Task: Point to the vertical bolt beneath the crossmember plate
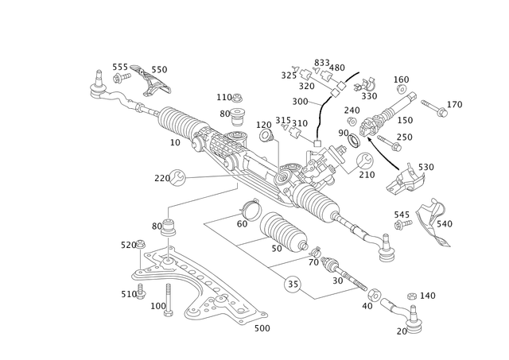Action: tap(169, 300)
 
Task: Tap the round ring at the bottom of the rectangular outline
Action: tap(292, 282)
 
